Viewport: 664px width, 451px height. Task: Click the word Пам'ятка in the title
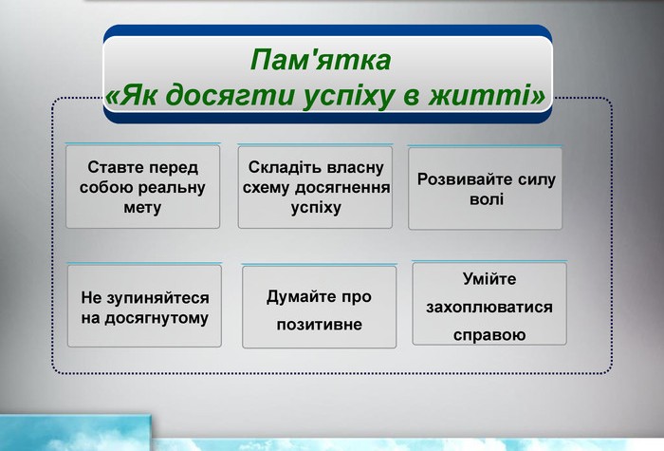click(321, 59)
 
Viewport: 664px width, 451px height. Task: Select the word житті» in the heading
click(487, 95)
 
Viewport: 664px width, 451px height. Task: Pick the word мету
click(142, 208)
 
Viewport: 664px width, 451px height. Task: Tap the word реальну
click(172, 188)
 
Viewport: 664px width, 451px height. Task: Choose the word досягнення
click(342, 188)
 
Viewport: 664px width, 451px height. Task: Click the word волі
click(487, 199)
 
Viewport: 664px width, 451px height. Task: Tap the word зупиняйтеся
click(157, 298)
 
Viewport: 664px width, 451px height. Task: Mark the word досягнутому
click(157, 319)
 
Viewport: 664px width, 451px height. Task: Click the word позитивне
click(320, 325)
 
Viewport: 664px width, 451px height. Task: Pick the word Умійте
click(489, 279)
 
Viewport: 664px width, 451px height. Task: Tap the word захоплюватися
click(489, 308)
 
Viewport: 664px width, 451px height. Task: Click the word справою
click(489, 335)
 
